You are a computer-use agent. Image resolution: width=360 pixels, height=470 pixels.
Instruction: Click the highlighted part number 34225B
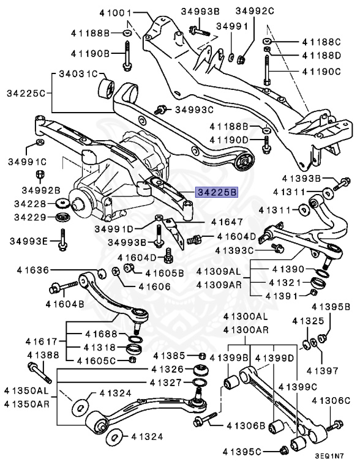(217, 192)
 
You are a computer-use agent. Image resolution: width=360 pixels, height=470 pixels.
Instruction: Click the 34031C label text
(78, 74)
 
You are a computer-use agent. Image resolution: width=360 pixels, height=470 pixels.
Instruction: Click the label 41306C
(331, 401)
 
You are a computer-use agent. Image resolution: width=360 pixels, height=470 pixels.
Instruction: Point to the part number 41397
(323, 371)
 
